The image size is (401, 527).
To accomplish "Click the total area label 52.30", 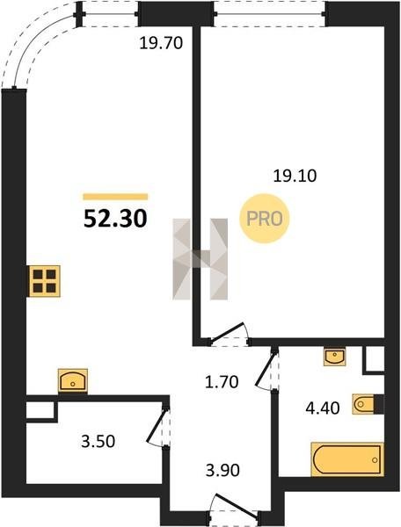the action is [115, 219].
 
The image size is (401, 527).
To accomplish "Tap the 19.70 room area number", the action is [161, 43].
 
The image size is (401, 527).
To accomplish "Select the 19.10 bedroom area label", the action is [295, 176].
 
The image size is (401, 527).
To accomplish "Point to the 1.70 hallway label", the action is [222, 382].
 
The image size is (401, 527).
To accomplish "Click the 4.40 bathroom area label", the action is [323, 408].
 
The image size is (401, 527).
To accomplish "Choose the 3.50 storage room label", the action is [98, 441].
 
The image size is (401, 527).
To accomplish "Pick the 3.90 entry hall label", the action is [222, 470].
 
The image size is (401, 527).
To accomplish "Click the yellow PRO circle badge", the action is [265, 219].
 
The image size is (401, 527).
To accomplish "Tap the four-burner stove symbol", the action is [45, 281].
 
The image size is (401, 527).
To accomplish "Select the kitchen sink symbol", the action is [73, 381].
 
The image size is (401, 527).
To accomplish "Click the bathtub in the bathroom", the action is [347, 459].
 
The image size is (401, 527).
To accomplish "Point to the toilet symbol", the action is [368, 404].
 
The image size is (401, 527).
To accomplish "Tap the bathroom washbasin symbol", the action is [334, 357].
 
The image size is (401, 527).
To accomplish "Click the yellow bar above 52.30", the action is [115, 197].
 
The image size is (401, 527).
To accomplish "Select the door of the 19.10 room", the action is [229, 334].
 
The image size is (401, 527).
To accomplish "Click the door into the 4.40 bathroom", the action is [267, 370].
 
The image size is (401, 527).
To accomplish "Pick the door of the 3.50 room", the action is [158, 427].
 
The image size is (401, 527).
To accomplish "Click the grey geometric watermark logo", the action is [200, 259].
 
